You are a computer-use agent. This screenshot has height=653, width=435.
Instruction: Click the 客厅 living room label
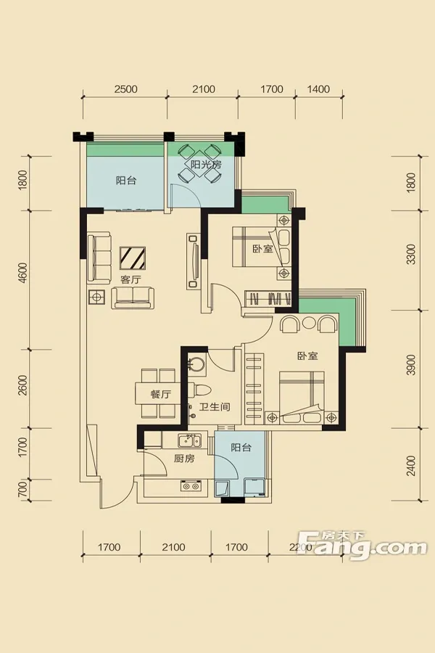[x=130, y=279]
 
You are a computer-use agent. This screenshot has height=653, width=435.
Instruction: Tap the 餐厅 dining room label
[x=161, y=394]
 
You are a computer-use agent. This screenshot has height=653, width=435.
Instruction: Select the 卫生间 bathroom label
[x=215, y=406]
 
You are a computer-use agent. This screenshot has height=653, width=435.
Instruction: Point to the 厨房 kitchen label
[x=184, y=459]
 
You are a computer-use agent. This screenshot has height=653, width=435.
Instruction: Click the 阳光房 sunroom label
[x=206, y=164]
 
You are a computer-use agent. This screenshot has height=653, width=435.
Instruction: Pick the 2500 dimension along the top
[x=126, y=89]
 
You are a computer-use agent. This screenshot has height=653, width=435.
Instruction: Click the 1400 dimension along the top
[x=318, y=89]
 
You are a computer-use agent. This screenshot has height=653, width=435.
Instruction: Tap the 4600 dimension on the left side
[x=23, y=274]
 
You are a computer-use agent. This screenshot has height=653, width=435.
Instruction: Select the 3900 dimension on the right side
[x=411, y=365]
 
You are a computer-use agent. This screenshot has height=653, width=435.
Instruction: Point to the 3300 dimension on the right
[x=411, y=255]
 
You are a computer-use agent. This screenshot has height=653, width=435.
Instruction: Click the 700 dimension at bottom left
[x=23, y=490]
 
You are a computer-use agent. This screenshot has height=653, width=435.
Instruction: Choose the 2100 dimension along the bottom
[x=173, y=547]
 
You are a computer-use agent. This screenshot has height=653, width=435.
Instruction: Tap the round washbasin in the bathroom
[x=196, y=364]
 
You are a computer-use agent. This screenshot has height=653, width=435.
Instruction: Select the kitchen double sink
[x=190, y=440]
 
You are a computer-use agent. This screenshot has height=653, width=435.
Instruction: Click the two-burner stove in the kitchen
[x=191, y=485]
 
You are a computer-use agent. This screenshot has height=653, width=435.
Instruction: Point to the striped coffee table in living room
[x=133, y=258]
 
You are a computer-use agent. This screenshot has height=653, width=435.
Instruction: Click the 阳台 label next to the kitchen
[x=241, y=448]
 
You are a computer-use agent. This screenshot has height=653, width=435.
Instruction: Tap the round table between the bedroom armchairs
[x=310, y=323]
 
